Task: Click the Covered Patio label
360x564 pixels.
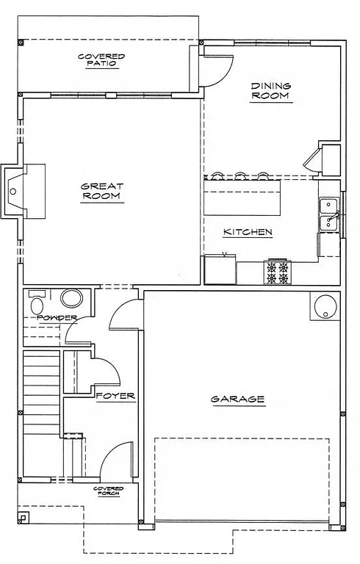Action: [x=101, y=59]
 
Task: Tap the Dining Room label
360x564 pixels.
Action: [x=270, y=90]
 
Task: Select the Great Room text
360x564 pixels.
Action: [x=101, y=191]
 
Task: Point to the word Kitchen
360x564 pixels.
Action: [x=248, y=232]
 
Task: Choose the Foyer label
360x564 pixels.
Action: [x=116, y=396]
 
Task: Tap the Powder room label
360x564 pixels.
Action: [x=57, y=317]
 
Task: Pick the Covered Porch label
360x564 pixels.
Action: [x=108, y=491]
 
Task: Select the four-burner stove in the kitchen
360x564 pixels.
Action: [x=278, y=272]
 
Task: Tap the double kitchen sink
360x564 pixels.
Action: [x=328, y=214]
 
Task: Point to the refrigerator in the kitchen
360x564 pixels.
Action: [x=220, y=269]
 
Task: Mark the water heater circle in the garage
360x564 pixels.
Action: [x=323, y=308]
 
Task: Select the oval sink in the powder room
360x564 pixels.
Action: [x=72, y=298]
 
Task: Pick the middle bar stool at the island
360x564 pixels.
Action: [x=240, y=176]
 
